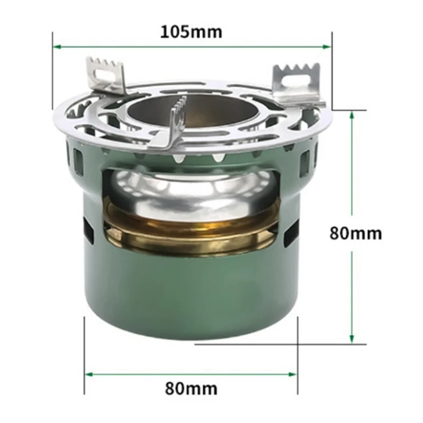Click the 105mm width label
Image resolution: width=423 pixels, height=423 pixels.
coord(191,31)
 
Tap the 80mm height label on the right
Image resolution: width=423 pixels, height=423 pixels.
coord(355,233)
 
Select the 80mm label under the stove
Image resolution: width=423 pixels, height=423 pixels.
coord(191,389)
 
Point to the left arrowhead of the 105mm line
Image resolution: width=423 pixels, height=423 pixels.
coord(56,47)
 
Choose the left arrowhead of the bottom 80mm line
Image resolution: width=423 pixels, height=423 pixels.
coord(88,374)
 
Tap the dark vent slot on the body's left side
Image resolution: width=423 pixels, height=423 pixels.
coord(88,232)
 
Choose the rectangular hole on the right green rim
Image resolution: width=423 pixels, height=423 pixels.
coord(305,164)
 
